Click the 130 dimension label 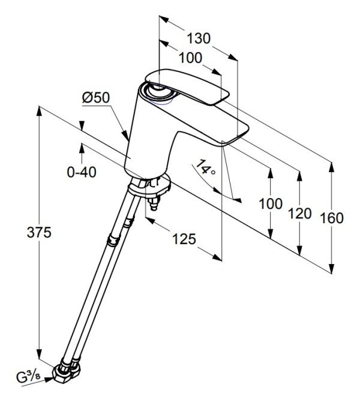pos(199,38)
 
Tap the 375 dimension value pos(39,232)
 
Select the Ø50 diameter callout pos(96,98)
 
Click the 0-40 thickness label pos(82,172)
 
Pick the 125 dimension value pos(184,239)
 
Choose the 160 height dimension pos(332,218)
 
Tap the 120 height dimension pos(299,214)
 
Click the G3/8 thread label pos(28,377)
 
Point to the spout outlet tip pos(235,136)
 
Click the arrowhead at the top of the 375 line pos(39,111)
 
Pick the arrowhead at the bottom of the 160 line pos(332,268)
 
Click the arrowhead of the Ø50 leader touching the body pos(126,136)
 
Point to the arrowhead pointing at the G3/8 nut pos(49,380)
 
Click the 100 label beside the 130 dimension pos(190,58)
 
